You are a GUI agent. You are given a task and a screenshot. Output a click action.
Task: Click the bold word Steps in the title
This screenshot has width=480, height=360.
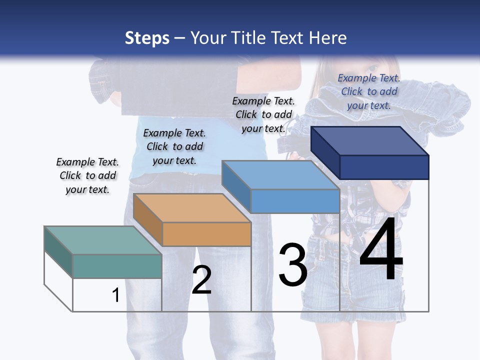(x=147, y=38)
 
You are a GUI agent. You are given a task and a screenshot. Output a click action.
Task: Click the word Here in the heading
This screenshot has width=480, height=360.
(x=327, y=38)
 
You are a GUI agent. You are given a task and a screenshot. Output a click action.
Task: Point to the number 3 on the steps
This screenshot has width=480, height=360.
(x=292, y=265)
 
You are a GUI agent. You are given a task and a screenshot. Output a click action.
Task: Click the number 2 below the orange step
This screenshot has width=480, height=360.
(x=201, y=280)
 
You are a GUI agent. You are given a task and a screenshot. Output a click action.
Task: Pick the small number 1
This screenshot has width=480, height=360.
(x=115, y=295)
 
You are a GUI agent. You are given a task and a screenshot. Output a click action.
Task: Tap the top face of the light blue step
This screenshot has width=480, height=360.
(x=280, y=175)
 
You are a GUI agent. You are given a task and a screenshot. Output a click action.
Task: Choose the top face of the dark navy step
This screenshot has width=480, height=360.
(x=369, y=141)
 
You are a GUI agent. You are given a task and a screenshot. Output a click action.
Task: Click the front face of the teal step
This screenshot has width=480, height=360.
(x=117, y=266)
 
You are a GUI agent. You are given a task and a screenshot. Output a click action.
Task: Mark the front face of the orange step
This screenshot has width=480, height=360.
(x=206, y=234)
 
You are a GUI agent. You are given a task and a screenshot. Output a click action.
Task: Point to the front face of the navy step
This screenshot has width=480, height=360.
(x=384, y=167)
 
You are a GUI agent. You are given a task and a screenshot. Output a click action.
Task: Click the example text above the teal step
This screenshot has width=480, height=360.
(x=87, y=175)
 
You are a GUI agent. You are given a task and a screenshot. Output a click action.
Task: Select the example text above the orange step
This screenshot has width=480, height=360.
(x=174, y=146)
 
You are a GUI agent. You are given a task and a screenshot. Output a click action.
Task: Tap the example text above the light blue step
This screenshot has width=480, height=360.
(x=263, y=114)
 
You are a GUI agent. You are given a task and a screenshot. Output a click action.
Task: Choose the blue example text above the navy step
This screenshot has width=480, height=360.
(x=369, y=91)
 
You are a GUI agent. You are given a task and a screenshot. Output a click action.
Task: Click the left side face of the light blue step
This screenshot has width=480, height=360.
(x=236, y=186)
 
